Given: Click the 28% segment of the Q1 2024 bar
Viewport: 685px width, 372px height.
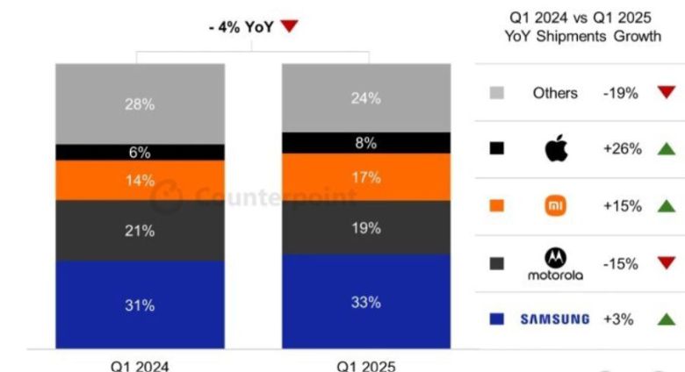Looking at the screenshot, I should [x=139, y=104].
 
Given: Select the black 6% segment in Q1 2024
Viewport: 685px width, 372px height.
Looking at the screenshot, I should [x=139, y=152].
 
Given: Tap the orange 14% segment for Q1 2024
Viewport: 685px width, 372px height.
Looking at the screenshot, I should [x=139, y=180].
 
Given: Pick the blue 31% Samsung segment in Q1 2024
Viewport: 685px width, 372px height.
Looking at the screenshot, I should [x=139, y=304].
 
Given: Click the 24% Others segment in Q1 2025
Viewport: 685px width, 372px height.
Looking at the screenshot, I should [x=366, y=97].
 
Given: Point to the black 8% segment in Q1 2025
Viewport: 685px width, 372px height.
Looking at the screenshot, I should [x=366, y=142].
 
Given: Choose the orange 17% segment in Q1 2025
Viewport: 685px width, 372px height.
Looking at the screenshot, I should [x=366, y=177].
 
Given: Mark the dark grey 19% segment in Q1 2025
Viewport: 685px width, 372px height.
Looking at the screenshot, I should [x=366, y=227].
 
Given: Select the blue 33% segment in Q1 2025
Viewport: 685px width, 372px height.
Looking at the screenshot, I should [x=366, y=302].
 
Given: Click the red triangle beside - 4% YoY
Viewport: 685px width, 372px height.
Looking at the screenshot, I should [x=290, y=27].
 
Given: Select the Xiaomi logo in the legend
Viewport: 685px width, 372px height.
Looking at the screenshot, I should [x=555, y=206].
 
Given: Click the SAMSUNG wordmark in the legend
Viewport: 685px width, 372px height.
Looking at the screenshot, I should [x=555, y=319].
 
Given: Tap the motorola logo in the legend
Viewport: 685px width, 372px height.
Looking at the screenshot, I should [x=555, y=263].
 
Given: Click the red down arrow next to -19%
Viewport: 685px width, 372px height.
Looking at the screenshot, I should [x=666, y=92].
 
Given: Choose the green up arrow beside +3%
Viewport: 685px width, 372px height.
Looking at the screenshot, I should [x=666, y=319].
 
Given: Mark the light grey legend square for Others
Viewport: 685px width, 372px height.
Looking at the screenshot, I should [x=497, y=92].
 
